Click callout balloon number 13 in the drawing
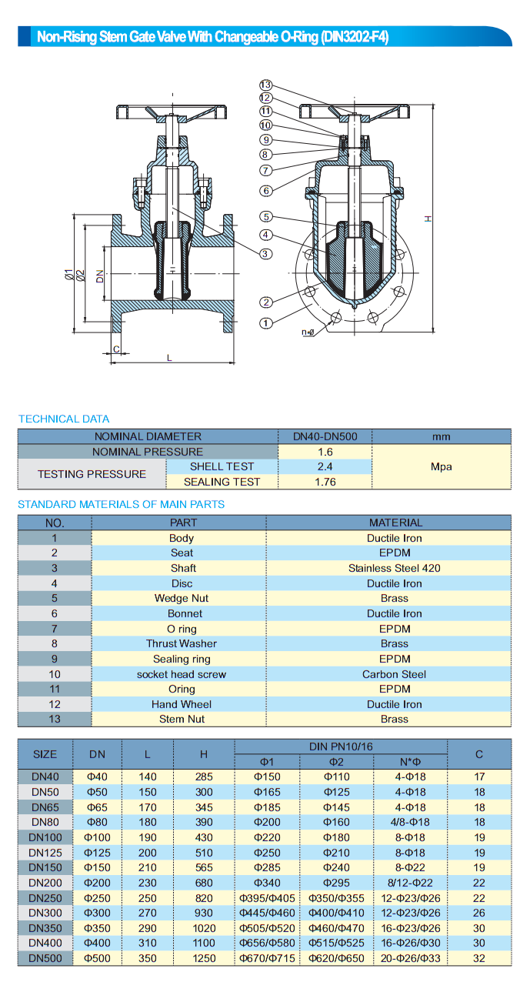pos(266,85)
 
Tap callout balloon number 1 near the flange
pos(266,323)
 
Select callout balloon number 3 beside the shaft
pos(266,253)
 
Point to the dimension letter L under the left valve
pos(169,357)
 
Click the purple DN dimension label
pos(100,276)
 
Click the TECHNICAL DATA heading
pos(64,419)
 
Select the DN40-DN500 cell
pos(325,436)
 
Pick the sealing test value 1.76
pos(325,482)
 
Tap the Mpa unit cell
pos(441,466)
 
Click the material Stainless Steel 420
pos(394,568)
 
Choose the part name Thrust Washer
pos(182,643)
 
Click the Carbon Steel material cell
pos(394,674)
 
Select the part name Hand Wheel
pos(182,704)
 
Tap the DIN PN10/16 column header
pos(340,747)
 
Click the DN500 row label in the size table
pos(45,958)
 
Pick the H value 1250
pos(204,958)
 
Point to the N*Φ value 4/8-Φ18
pos(410,822)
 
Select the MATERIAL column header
pos(395,523)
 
